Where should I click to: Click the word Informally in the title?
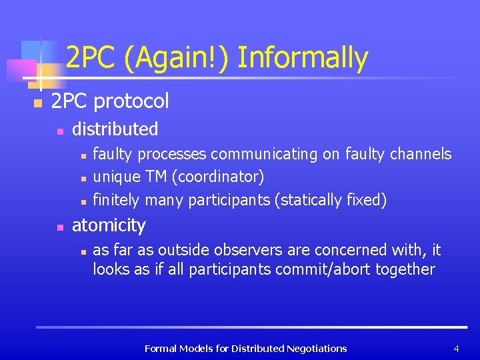tap(303, 59)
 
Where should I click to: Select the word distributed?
tap(115, 129)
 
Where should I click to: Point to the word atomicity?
tap(108, 225)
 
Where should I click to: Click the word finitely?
tap(116, 200)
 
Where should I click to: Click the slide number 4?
tap(456, 349)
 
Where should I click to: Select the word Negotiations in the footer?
tap(317, 349)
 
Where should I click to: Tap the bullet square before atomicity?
tap(59, 227)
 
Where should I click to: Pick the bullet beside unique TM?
tap(81, 179)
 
